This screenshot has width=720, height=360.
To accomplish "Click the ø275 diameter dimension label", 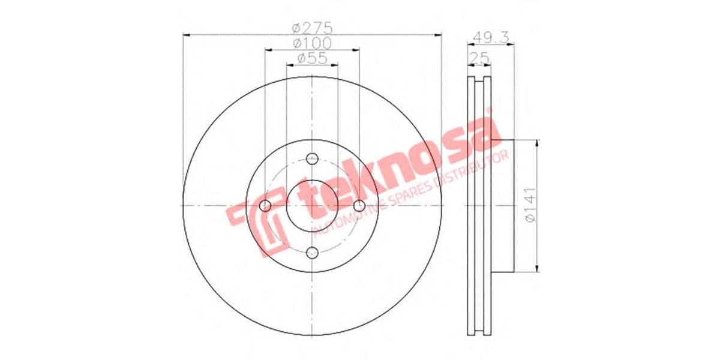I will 312,28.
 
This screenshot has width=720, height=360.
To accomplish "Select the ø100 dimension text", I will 312,43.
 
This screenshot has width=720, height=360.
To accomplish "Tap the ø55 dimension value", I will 312,58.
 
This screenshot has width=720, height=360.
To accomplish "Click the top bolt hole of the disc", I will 312,159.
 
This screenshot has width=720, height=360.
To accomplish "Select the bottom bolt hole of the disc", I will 312,253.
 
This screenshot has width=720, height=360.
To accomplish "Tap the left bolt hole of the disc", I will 266,206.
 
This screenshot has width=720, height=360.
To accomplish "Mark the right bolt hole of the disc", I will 359,206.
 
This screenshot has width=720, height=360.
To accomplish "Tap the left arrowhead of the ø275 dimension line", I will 185,35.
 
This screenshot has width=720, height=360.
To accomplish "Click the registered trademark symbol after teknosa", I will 489,110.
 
